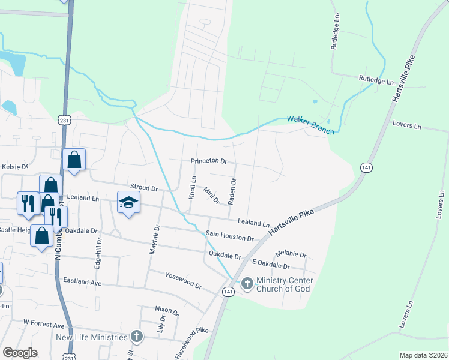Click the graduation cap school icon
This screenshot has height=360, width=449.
pos(128,203)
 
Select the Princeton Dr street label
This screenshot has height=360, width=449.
pos(209,161)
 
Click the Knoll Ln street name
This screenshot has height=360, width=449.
pos(193,188)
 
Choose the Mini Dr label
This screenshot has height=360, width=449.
pos(212,195)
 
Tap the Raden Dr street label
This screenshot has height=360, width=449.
pos(232,190)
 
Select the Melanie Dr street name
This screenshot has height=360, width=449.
pos(291,254)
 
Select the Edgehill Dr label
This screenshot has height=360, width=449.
pos(100,252)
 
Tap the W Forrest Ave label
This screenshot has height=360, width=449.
pos(44,325)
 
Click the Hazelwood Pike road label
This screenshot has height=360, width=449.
pos(193,338)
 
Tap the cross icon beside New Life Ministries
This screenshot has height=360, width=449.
pos(137,337)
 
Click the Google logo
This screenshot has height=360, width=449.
pos(20,353)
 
